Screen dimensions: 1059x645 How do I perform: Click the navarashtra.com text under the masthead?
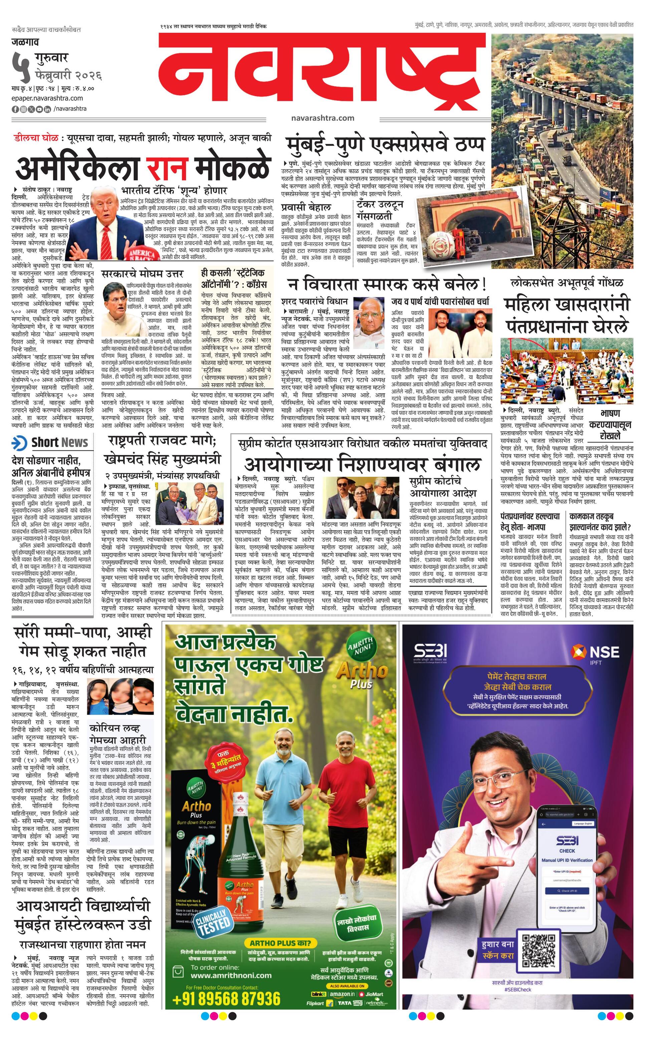[x=322, y=118]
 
